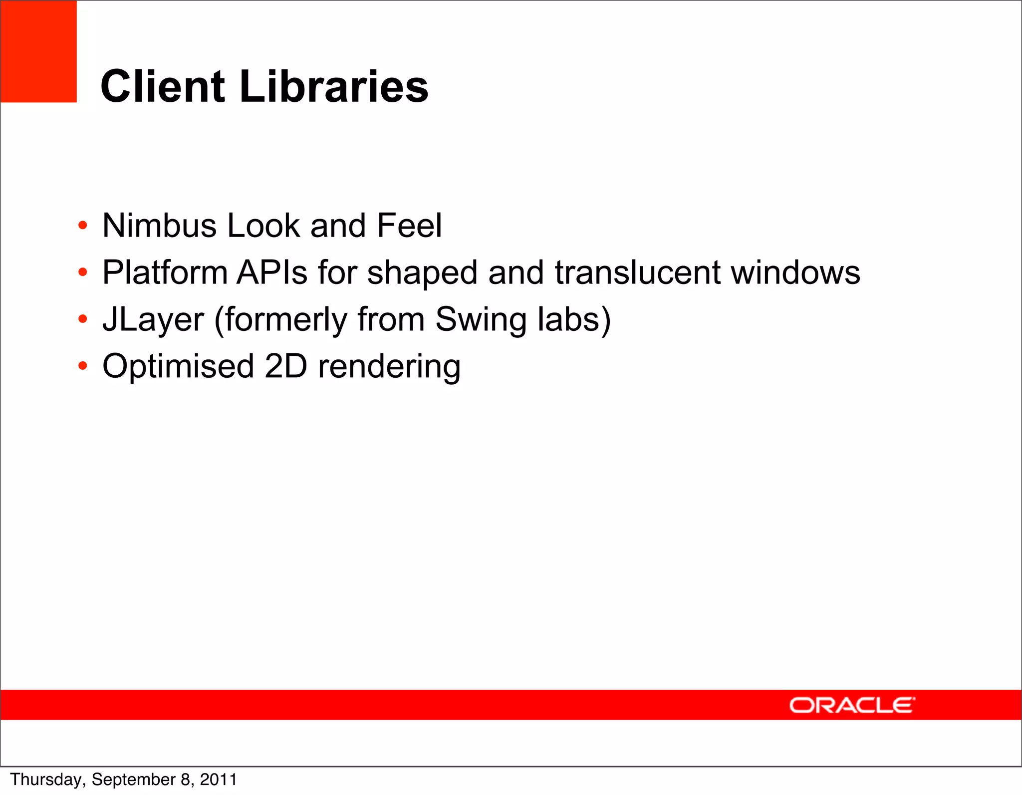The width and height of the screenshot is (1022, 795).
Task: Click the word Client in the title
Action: click(163, 86)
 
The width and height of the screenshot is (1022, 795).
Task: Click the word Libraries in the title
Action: click(334, 86)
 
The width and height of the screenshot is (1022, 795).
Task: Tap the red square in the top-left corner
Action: click(38, 51)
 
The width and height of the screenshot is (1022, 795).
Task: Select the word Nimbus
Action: click(159, 226)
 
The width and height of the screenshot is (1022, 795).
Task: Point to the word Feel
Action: click(409, 226)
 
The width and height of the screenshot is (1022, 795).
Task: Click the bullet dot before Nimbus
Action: click(83, 226)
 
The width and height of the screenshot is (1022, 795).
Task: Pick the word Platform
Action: click(165, 272)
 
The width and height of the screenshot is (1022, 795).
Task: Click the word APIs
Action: click(272, 272)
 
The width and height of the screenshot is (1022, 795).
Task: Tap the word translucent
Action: click(638, 272)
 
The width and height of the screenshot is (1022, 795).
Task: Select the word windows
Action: click(795, 272)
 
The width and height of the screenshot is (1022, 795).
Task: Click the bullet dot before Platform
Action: click(83, 272)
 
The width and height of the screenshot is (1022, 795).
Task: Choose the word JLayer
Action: click(153, 319)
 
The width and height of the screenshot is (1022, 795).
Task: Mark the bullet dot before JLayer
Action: click(83, 319)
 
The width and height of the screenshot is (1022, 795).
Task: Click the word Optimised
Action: click(178, 366)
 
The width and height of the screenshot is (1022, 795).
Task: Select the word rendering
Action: click(389, 366)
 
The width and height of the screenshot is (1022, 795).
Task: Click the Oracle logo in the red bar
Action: click(852, 705)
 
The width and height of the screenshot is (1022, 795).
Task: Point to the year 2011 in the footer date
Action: click(218, 780)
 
